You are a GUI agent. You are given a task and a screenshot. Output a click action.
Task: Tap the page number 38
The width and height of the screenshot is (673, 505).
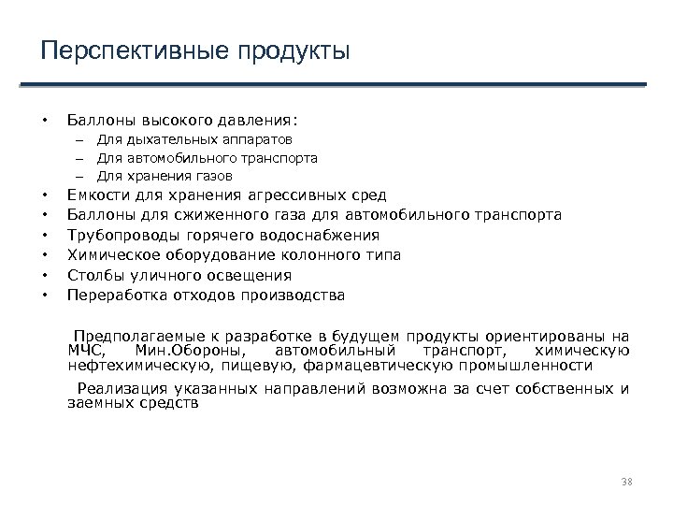click(627, 481)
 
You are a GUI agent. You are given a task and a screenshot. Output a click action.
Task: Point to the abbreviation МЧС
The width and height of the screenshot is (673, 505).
click(86, 351)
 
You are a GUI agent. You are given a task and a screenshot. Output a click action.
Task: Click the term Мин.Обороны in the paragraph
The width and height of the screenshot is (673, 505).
click(179, 351)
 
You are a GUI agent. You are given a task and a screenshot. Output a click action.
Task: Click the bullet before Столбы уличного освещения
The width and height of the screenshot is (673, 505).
click(45, 276)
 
